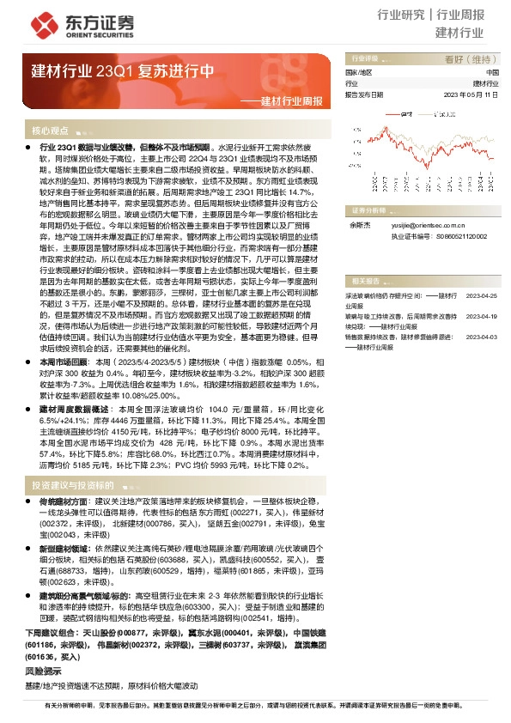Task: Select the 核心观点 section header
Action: [50, 131]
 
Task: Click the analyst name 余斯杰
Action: [357, 223]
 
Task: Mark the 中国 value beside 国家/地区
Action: [492, 73]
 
